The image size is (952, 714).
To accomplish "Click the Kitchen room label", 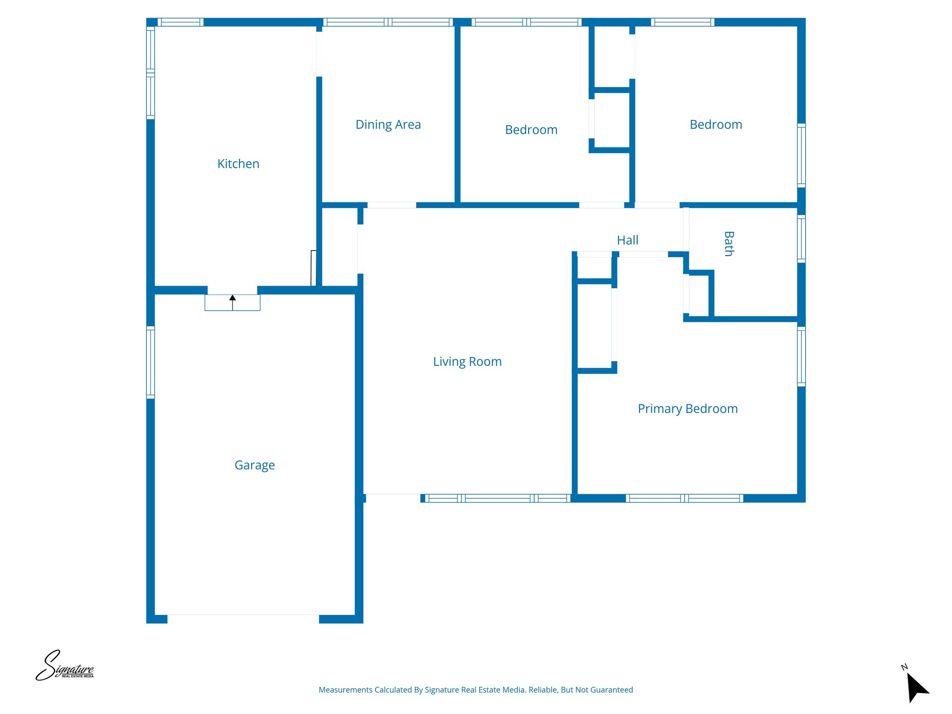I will click(x=238, y=164).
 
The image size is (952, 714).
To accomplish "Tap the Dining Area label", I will click(x=388, y=125).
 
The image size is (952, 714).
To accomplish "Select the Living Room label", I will click(x=467, y=362).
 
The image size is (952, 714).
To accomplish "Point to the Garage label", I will click(x=255, y=465).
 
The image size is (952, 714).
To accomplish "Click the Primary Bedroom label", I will click(x=688, y=409).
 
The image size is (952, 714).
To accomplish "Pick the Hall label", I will click(x=628, y=240).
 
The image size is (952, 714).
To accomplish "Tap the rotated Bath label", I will click(x=729, y=244).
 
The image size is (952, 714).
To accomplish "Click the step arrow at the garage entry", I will click(x=232, y=302).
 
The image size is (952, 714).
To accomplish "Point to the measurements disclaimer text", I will click(x=476, y=690).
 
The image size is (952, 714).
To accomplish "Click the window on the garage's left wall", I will click(x=151, y=363).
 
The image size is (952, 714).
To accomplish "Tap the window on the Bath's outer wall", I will click(x=801, y=239).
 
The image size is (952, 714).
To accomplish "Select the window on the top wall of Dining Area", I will click(x=388, y=22).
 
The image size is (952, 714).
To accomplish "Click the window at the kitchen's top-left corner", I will click(x=180, y=22).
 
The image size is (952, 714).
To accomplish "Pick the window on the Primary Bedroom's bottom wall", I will click(x=684, y=498).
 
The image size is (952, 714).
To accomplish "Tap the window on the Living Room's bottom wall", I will click(x=497, y=498).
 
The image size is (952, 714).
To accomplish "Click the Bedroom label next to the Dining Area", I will click(x=531, y=130).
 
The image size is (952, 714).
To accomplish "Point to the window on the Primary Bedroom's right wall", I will click(x=801, y=357).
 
